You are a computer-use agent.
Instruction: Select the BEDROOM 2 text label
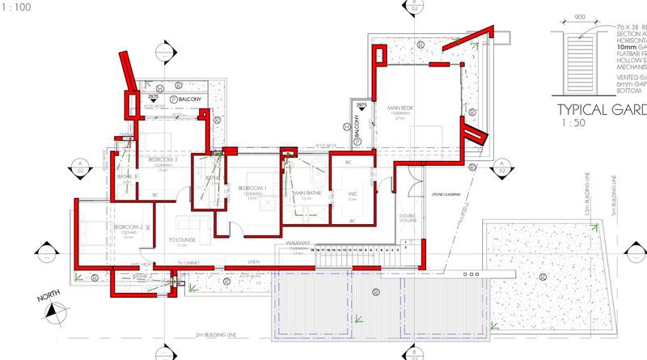pyautogui.click(x=129, y=227)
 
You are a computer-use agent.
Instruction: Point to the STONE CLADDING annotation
pyautogui.click(x=445, y=195)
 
